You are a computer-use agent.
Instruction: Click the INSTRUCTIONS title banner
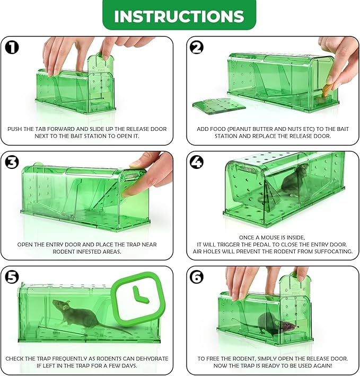[x=179, y=15]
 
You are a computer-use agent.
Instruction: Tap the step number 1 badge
[x=12, y=47]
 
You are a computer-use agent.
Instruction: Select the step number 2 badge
[x=197, y=47]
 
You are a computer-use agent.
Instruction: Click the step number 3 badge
[x=12, y=162]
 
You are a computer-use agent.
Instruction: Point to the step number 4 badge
[x=197, y=162]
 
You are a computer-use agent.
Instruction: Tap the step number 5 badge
[x=12, y=277]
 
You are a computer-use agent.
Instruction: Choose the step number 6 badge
[x=197, y=277]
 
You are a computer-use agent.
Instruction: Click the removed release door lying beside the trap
[x=219, y=105]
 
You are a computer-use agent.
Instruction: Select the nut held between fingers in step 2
[x=327, y=91]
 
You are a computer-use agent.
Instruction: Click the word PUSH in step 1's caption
[x=15, y=129]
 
